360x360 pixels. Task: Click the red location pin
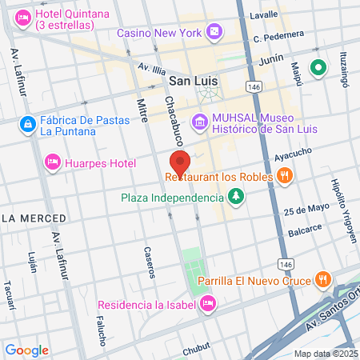click(180, 163)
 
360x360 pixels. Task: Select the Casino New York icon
click(214, 33)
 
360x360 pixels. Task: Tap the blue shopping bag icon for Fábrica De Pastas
click(28, 123)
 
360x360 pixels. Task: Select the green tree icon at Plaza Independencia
click(236, 197)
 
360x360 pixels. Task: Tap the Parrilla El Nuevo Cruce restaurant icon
click(322, 279)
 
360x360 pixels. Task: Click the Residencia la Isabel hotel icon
click(208, 303)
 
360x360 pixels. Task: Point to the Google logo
click(27, 350)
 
